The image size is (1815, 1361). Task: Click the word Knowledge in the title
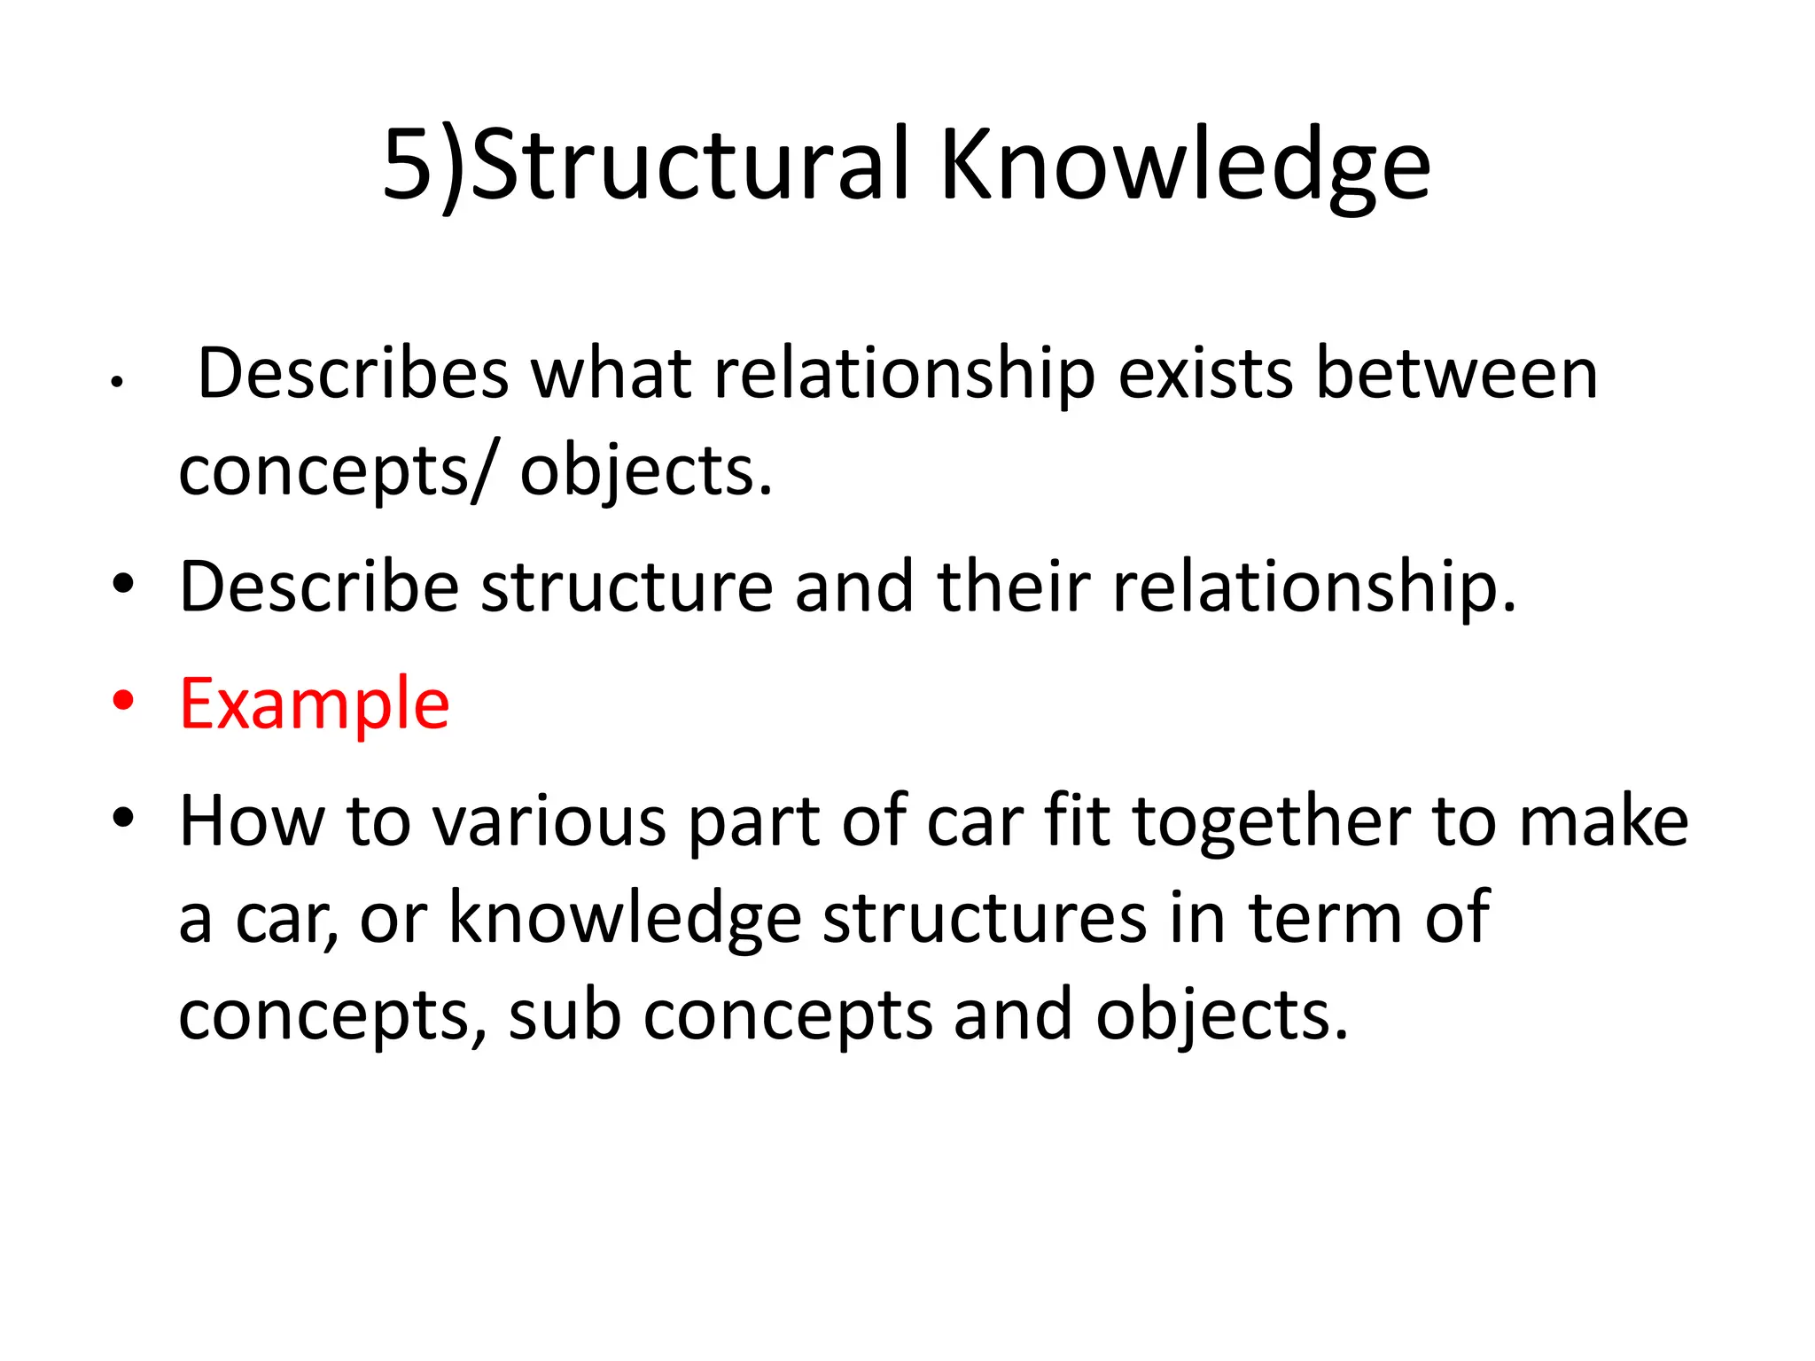coord(1184,166)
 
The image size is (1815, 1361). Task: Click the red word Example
coord(315,704)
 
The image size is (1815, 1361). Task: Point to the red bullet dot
coord(123,700)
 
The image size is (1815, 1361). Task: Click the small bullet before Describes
coord(116,383)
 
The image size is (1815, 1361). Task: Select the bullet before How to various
coord(123,817)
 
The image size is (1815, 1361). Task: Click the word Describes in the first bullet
coord(353,374)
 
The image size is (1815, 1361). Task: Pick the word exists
coord(1205,374)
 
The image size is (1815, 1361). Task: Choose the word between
coord(1456,374)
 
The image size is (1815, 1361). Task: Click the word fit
coord(1078,820)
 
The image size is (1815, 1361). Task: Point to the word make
coord(1603,822)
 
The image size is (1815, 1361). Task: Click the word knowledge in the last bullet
coord(626,919)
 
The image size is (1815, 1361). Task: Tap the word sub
coord(565,1015)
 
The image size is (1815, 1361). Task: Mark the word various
coord(550,822)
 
